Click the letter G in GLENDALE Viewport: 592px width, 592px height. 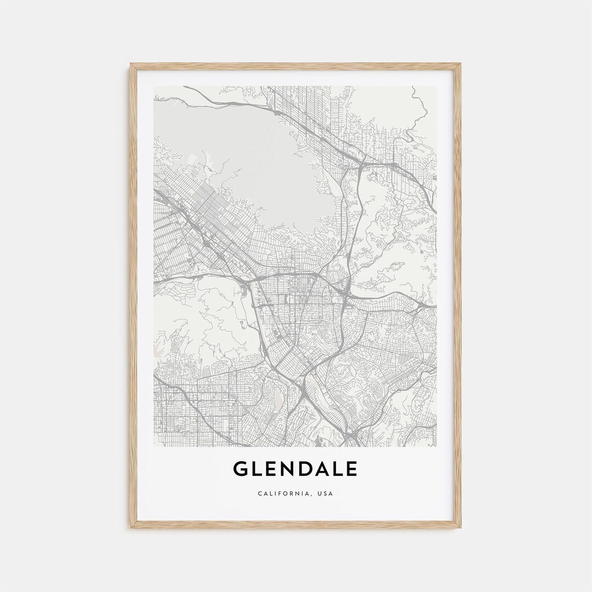pos(241,469)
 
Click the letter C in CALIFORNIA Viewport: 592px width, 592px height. pos(260,493)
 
